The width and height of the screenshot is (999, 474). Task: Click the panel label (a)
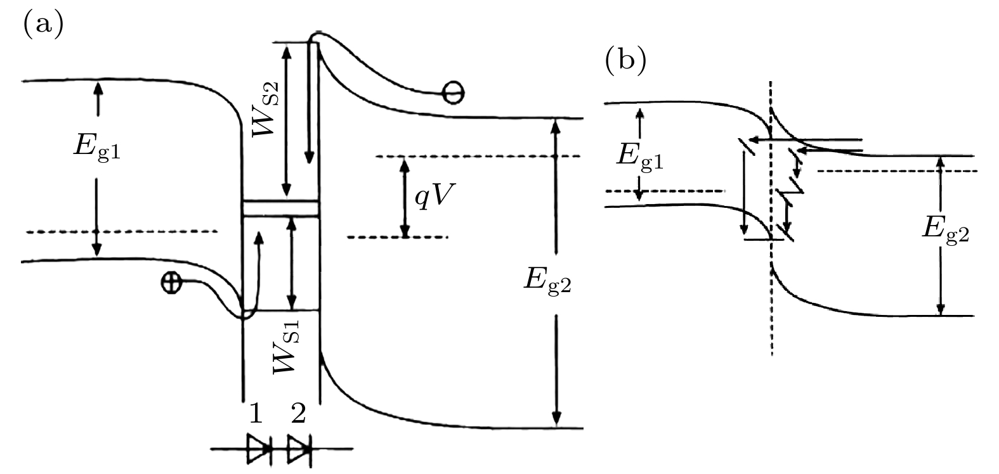coord(44,25)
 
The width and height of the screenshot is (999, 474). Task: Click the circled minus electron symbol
coord(453,93)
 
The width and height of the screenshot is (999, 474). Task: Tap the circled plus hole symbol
coord(170,283)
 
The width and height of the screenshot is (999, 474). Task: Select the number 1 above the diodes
coord(256,414)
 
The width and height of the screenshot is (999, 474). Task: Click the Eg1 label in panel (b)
coord(640,155)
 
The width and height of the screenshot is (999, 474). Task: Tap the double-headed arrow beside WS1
coord(291,262)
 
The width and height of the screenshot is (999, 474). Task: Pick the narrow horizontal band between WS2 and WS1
coord(280,208)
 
